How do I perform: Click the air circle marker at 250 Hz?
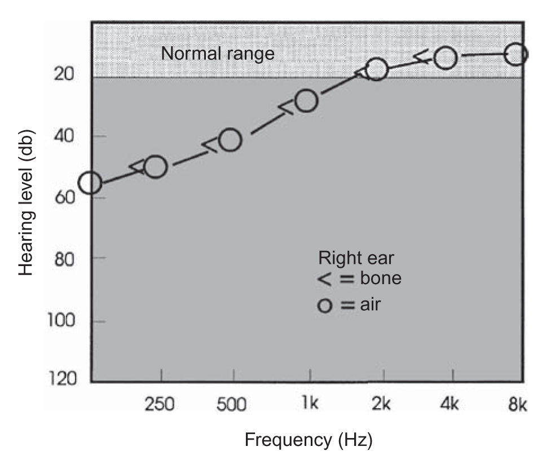coord(155,166)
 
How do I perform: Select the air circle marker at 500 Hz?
coord(230,140)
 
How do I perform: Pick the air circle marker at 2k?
coord(376,69)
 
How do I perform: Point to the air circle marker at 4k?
coord(446,57)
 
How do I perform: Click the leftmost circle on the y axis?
coord(90,183)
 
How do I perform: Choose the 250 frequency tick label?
coord(161,405)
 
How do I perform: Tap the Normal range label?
coord(218,54)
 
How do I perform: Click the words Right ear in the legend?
coord(356,258)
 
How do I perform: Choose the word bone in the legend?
coord(380,278)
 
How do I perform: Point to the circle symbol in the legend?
coord(324,306)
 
